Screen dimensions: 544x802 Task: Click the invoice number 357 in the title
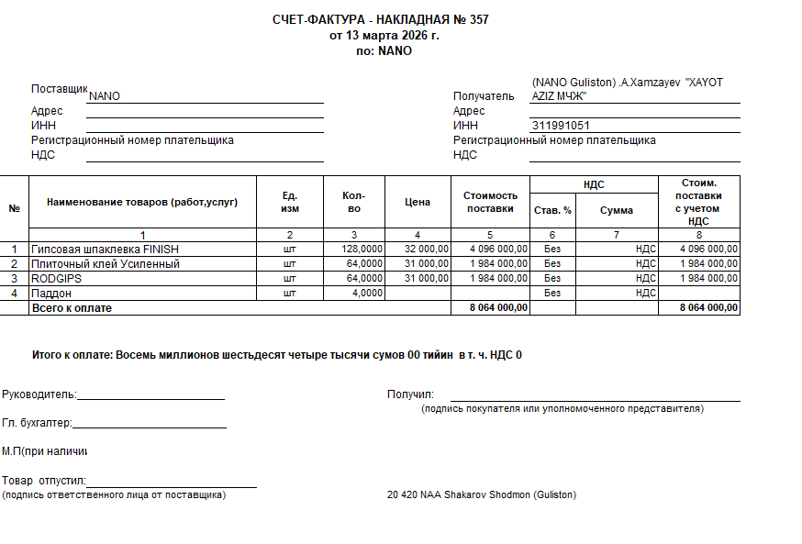[478, 20]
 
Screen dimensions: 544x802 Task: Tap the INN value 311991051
[560, 126]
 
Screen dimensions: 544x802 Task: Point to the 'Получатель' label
[484, 96]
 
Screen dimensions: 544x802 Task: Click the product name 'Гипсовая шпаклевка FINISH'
[105, 249]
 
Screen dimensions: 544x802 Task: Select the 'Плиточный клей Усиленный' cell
[105, 263]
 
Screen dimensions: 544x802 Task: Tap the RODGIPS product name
[58, 278]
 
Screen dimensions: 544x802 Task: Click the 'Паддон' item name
[51, 293]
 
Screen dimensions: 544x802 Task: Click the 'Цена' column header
[418, 202]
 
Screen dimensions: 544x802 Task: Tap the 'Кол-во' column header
[353, 202]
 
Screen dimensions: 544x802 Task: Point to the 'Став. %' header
[552, 210]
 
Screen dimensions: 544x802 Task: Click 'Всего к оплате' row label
[72, 308]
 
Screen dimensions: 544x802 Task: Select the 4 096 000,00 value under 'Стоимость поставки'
[498, 249]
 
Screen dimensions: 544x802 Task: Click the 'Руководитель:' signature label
[39, 395]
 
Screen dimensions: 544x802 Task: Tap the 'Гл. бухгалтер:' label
[37, 423]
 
